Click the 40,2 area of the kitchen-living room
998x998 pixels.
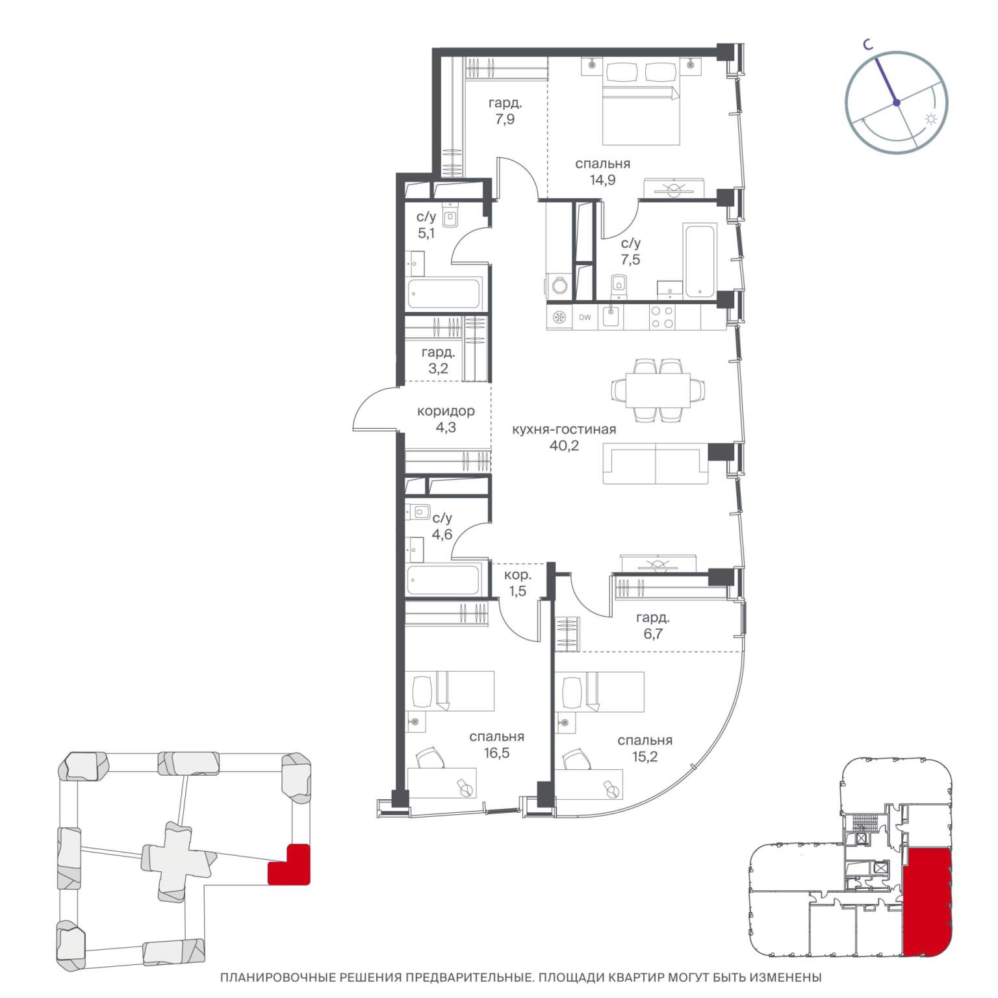coord(564,446)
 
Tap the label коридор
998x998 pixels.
coord(446,411)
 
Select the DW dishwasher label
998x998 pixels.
coord(585,318)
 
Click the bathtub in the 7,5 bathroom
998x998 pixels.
coord(700,261)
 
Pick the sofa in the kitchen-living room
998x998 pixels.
coord(656,463)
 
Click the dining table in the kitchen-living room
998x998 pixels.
coord(658,390)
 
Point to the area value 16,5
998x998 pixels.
coord(497,754)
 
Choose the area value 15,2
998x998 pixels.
coord(645,757)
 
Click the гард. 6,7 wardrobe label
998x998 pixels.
coord(653,626)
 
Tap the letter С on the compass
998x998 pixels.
coord(867,44)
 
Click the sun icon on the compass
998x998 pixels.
coord(931,120)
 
